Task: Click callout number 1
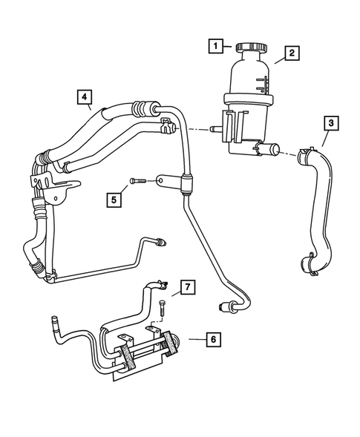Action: click(215, 47)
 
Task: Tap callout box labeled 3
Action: click(330, 123)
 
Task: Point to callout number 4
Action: click(85, 96)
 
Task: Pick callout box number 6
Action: click(212, 339)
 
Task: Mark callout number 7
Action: click(189, 286)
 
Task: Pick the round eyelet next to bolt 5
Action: click(160, 180)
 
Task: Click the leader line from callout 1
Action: click(229, 47)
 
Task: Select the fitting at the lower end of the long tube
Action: click(226, 306)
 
